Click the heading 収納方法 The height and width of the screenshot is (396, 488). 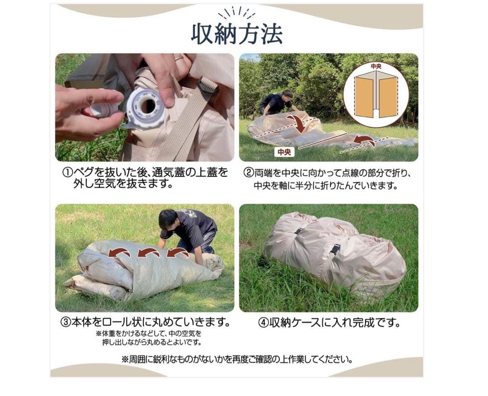click(x=237, y=34)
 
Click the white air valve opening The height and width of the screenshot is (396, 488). click(x=147, y=106)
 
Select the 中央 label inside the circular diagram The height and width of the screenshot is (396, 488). click(x=375, y=66)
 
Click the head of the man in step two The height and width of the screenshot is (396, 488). click(x=286, y=96)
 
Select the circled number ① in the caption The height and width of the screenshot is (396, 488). click(x=67, y=173)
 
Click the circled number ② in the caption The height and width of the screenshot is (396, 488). click(x=248, y=173)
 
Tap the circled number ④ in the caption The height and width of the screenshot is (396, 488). click(x=263, y=323)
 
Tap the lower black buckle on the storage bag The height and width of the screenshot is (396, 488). click(x=334, y=249)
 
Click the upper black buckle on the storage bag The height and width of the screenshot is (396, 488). click(x=299, y=231)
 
